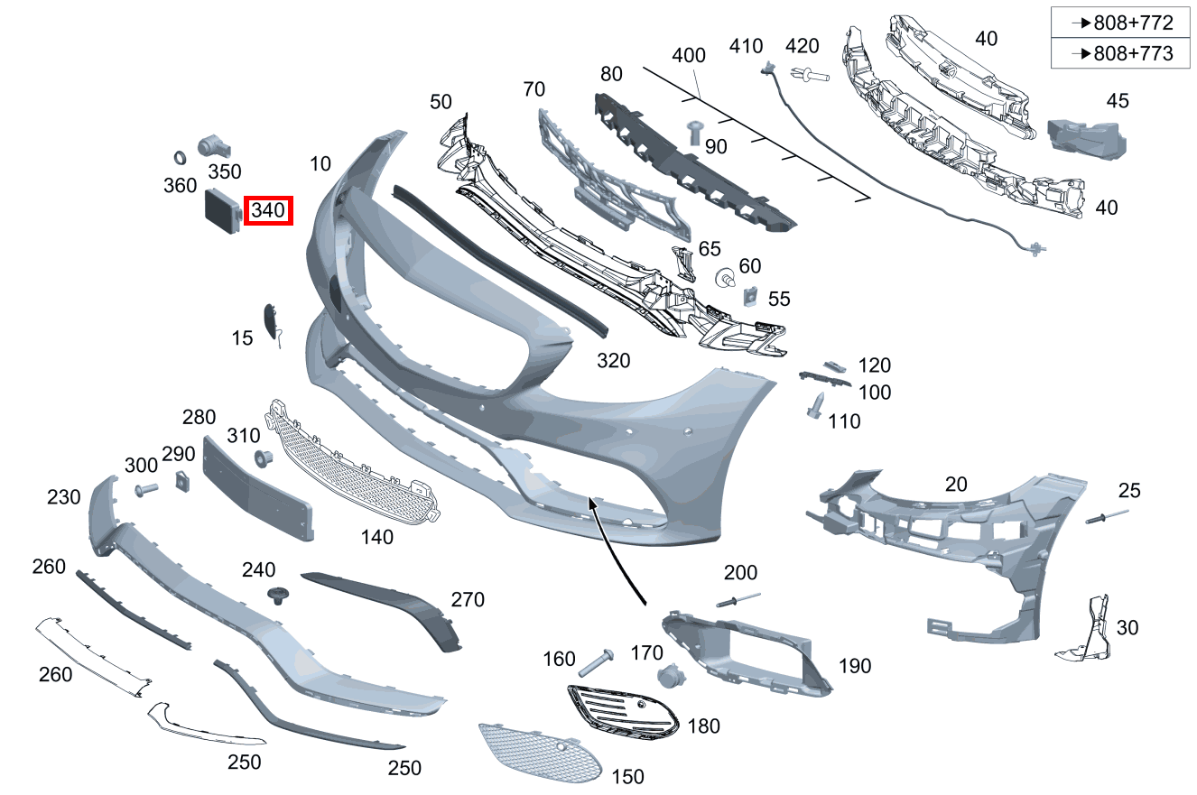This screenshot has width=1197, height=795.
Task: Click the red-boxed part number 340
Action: coord(268,210)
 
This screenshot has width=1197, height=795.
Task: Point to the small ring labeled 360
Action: coord(180,158)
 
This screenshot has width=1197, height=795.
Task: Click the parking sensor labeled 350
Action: coord(213,145)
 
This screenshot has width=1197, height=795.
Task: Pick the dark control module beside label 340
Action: coord(223,211)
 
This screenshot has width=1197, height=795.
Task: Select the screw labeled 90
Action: coord(695,132)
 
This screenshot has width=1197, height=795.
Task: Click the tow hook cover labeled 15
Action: coord(272,322)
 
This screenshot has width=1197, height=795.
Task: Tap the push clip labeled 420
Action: coord(810,75)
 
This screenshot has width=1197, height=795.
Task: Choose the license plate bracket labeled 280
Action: coord(257,488)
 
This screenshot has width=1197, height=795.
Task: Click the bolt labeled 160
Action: coord(596,662)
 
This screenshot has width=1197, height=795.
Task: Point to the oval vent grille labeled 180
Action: coord(623,713)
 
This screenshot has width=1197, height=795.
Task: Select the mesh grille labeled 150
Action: coord(541,753)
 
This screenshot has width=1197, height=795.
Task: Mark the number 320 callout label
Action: coord(614,361)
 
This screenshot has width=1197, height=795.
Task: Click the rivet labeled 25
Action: coord(1107,517)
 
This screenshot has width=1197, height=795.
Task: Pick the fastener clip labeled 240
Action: coord(278,596)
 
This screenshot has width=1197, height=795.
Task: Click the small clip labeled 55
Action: coord(750,297)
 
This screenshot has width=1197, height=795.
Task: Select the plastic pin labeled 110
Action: coord(815,405)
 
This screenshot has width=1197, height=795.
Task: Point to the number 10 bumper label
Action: coord(320,163)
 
